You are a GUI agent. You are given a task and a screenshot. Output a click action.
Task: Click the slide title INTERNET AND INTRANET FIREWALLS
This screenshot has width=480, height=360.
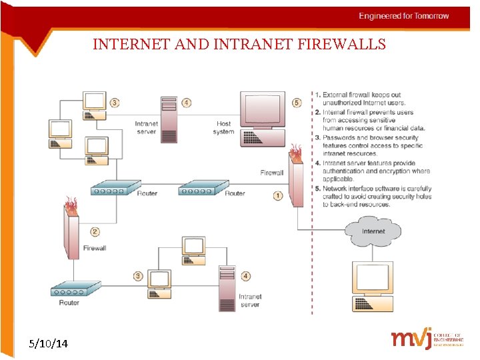point(239,45)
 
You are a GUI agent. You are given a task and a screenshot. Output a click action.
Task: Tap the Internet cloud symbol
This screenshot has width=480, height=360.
point(373,232)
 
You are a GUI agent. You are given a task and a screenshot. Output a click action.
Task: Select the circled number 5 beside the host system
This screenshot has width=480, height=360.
point(297,103)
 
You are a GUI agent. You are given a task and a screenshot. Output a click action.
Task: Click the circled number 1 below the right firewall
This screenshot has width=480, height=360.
point(277,195)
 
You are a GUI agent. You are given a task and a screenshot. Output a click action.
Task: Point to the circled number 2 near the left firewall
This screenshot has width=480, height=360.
point(95,232)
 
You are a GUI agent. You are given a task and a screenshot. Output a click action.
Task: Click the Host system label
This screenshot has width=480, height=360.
point(224,127)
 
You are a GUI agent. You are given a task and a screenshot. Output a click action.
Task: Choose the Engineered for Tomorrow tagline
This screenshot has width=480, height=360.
point(404,16)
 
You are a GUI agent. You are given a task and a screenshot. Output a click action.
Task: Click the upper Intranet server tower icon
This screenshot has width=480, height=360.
point(169,119)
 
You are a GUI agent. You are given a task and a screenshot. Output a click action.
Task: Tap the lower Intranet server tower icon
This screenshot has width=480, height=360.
point(227,288)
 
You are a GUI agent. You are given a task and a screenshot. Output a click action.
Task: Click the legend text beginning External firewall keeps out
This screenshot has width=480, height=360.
point(371,99)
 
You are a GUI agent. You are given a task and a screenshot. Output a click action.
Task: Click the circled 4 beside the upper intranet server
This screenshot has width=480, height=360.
point(187,103)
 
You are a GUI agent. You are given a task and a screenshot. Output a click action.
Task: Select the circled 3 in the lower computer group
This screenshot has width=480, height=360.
point(138,275)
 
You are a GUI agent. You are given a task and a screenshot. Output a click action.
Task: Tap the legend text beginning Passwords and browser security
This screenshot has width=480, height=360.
point(372,145)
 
